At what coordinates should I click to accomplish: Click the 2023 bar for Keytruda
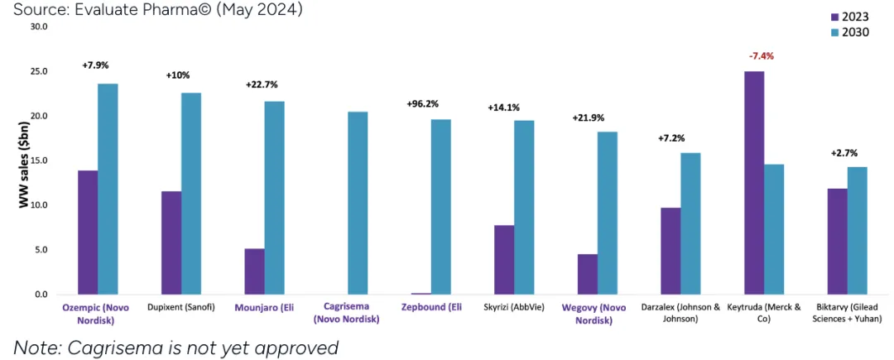[754, 183]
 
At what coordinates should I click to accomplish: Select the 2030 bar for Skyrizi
[524, 207]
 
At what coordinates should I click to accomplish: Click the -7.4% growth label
[762, 55]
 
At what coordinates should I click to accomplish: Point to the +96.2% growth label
[423, 104]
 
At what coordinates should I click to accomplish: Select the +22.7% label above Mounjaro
[262, 84]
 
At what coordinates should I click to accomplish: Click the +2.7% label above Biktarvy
[844, 153]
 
